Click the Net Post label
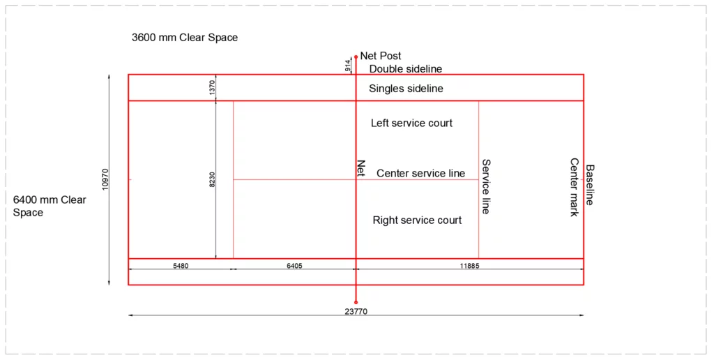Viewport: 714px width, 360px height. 381,56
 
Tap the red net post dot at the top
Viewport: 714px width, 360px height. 356,57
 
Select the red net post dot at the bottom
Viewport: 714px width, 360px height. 356,302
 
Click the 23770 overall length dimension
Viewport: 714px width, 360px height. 356,312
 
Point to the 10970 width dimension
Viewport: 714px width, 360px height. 105,179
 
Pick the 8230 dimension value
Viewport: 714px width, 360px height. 213,179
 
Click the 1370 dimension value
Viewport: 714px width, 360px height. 213,87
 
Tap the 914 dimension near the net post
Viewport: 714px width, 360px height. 348,66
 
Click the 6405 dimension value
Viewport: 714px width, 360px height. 294,266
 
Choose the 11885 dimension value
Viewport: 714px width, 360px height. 469,266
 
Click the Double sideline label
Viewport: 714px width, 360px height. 406,69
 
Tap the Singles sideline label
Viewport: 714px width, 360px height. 406,89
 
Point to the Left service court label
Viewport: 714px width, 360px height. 411,123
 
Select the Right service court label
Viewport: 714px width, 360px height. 417,220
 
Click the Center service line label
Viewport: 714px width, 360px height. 420,173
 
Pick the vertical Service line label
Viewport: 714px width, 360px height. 487,186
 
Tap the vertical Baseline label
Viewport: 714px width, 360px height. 590,185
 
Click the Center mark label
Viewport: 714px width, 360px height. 575,187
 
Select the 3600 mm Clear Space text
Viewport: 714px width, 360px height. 185,38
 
